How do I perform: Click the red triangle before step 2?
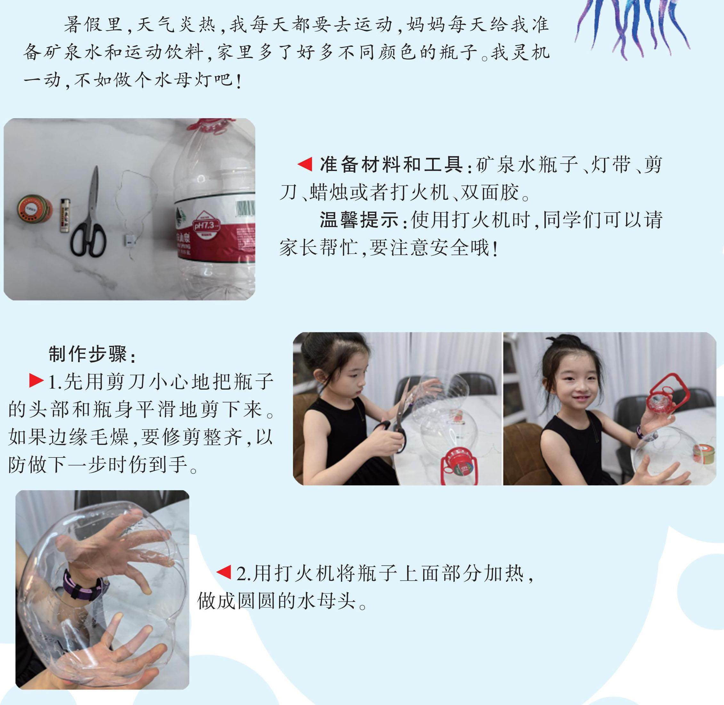tap(224, 572)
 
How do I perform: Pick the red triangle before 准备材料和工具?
tap(305, 164)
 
